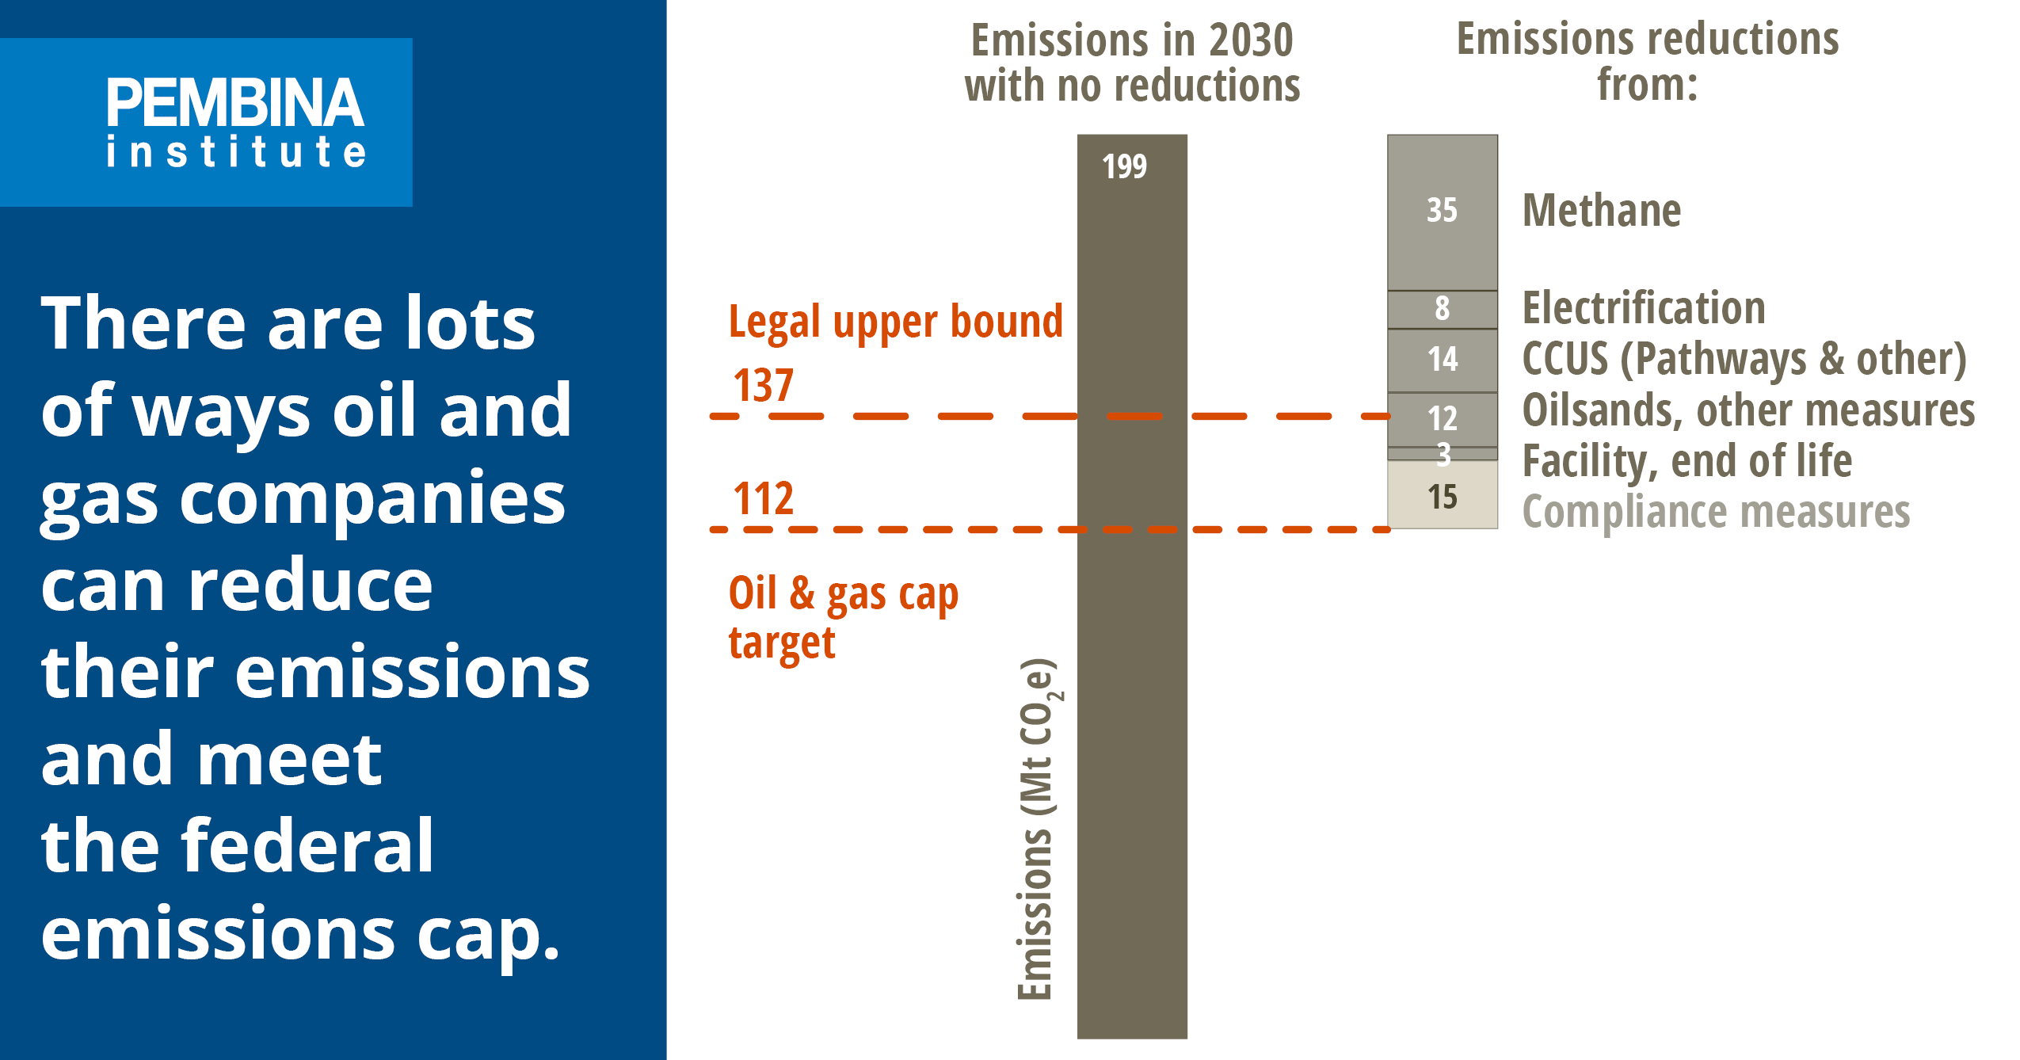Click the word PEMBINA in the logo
[x=235, y=103]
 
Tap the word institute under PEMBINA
[x=236, y=151]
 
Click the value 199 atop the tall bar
[x=1124, y=166]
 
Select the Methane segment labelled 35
[x=1442, y=211]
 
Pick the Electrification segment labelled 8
[x=1442, y=308]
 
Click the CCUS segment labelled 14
[x=1442, y=360]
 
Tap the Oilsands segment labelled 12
[x=1442, y=418]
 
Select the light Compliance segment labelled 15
[x=1442, y=497]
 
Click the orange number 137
[x=763, y=386]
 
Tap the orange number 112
[x=763, y=499]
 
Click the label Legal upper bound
[x=895, y=322]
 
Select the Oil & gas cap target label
[x=842, y=618]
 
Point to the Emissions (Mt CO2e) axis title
[x=1037, y=828]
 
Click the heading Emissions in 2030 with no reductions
[x=1132, y=63]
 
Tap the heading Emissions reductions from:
[x=1648, y=62]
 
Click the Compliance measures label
[x=1716, y=512]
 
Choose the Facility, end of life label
[x=1687, y=461]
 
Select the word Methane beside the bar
[x=1601, y=211]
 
